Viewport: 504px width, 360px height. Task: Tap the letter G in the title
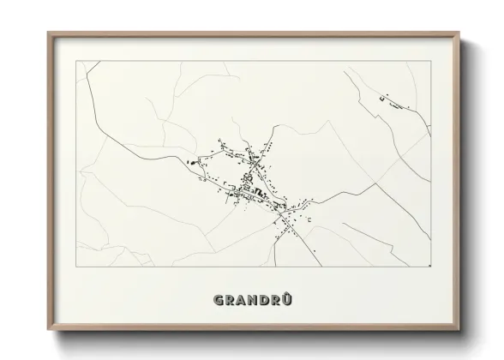tap(215, 301)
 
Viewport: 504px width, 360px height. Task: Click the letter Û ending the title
tap(287, 301)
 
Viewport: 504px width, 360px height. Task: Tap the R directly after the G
tap(227, 301)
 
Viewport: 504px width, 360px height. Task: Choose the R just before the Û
tap(275, 301)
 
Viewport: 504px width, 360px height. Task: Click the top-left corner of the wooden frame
tap(48, 33)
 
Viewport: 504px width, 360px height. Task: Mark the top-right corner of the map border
tap(429, 62)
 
